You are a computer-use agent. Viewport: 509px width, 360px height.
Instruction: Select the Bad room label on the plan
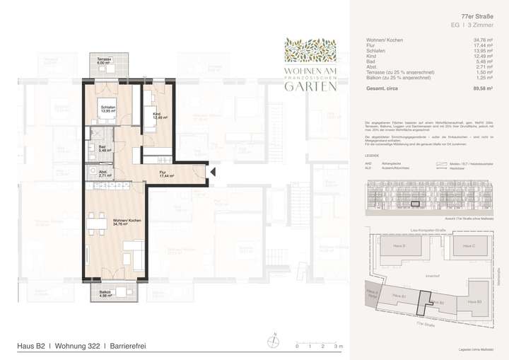pyautogui.click(x=102, y=148)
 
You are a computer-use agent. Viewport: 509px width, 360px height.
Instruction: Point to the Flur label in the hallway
pyautogui.click(x=163, y=173)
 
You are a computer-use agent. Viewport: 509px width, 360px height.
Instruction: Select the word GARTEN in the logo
pyautogui.click(x=306, y=87)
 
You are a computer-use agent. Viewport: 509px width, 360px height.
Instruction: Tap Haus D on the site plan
pyautogui.click(x=399, y=245)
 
